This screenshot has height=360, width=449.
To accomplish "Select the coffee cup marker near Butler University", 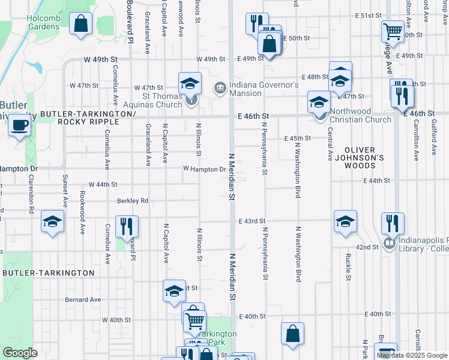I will [20, 126].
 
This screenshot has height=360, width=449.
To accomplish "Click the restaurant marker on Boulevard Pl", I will [127, 226].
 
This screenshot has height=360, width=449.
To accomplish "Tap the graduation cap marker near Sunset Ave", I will [52, 221].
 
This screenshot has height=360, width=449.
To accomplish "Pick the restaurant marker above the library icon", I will [390, 223].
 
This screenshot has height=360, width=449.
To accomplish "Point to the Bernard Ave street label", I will [83, 299].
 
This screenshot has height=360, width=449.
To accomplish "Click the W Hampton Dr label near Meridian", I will [205, 170].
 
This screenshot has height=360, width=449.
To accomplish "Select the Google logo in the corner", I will [20, 353].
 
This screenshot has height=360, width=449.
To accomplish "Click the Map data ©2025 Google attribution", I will [412, 355].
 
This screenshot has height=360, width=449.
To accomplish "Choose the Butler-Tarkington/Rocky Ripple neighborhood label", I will [89, 118].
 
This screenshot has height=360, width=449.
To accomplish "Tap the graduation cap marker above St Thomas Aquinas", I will [190, 82].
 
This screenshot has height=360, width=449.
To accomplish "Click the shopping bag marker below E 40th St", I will [292, 334].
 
